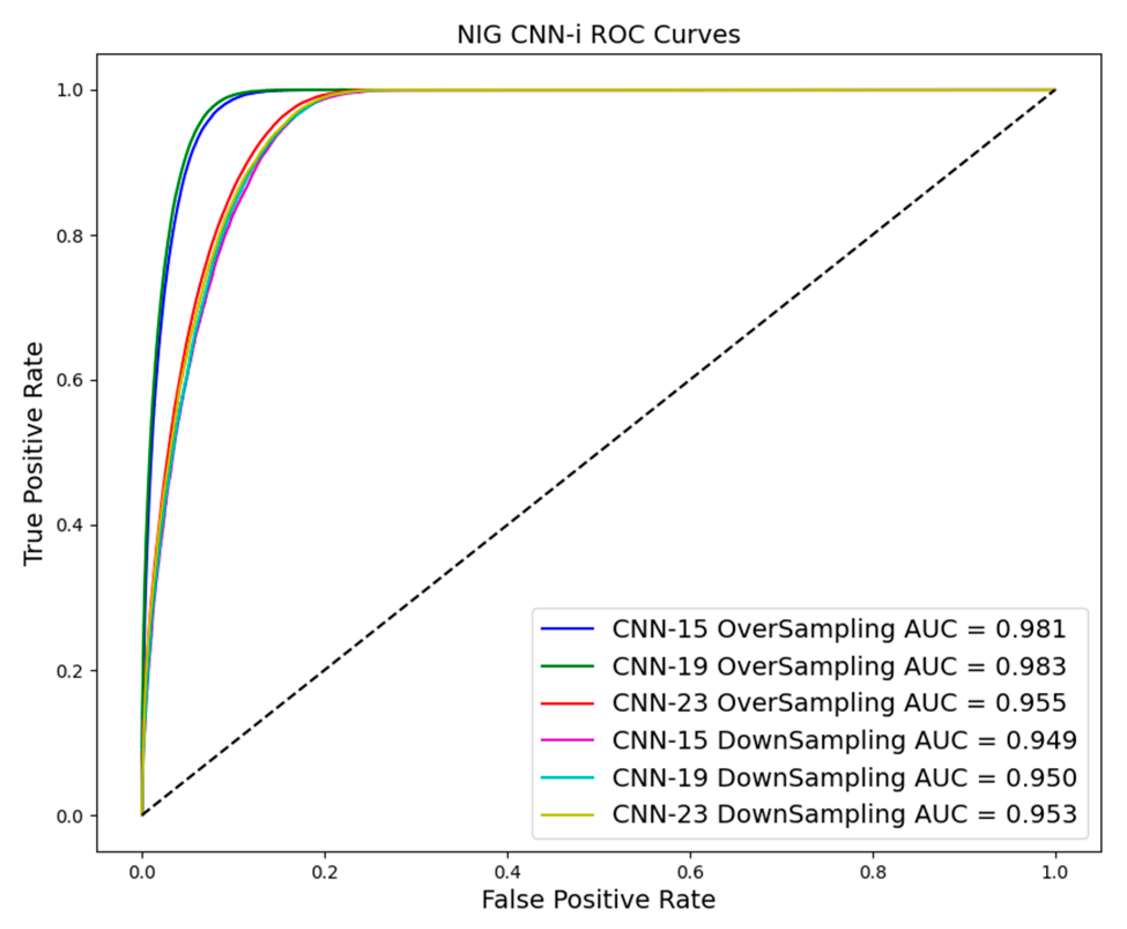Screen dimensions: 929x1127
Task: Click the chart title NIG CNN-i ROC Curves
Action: (x=598, y=35)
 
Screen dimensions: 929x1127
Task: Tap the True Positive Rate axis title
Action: (x=34, y=454)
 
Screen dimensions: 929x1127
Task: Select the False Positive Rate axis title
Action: (x=598, y=900)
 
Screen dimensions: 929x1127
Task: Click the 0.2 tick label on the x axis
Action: (x=325, y=872)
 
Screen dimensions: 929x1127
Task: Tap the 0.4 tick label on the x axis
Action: (x=508, y=872)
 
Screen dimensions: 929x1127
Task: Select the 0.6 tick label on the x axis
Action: (x=690, y=872)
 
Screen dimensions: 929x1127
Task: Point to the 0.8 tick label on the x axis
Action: (x=873, y=872)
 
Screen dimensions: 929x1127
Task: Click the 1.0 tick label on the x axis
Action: (x=1055, y=872)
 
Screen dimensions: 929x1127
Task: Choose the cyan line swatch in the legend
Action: (x=567, y=778)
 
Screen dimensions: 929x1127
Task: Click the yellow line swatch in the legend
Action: (x=567, y=815)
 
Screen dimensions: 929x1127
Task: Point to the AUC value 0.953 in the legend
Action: (x=1042, y=814)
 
